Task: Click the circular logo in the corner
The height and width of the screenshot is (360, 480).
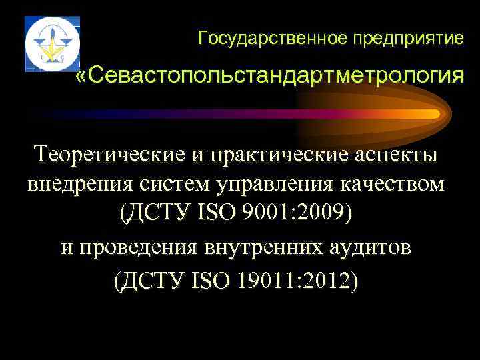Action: tap(52, 44)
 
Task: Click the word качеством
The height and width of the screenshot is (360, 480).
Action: tap(387, 184)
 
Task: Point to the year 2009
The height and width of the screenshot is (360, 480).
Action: tap(321, 214)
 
